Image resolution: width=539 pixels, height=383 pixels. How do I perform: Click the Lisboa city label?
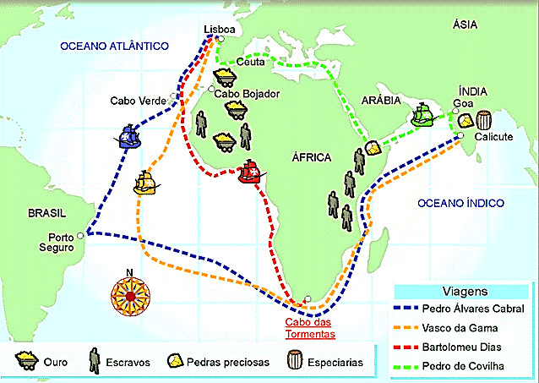click(219, 29)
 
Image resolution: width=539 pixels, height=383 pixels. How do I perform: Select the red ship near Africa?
click(251, 172)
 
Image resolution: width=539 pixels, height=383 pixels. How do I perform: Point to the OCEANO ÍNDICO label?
click(460, 203)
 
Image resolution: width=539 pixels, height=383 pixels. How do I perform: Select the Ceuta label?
click(250, 62)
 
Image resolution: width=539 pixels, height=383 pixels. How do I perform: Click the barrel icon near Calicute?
click(485, 119)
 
